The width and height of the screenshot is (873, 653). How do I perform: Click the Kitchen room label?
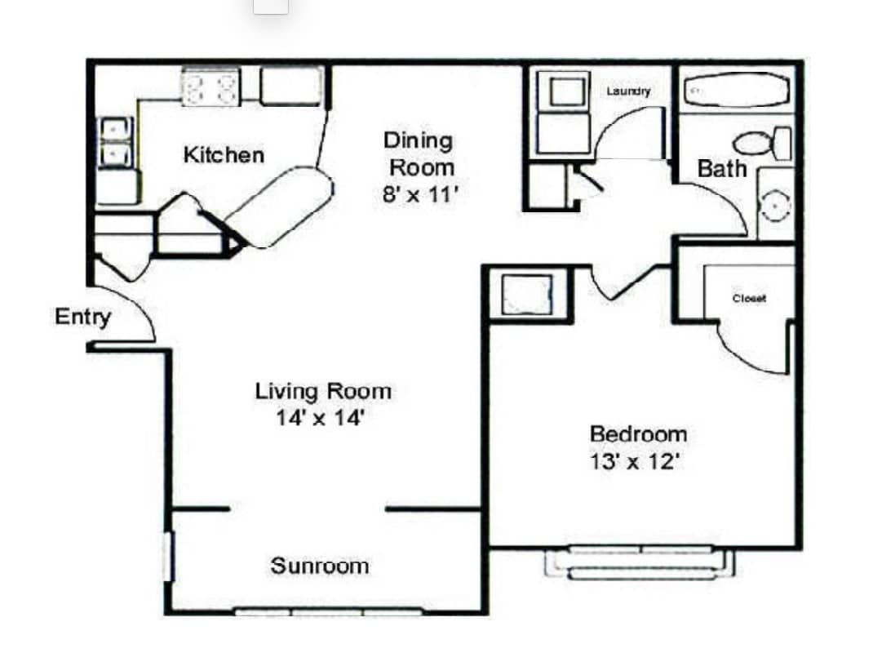(224, 154)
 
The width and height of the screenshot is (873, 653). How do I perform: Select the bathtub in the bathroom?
(736, 91)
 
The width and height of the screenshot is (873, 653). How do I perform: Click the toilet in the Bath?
(762, 144)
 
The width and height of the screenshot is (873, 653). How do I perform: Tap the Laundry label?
(628, 91)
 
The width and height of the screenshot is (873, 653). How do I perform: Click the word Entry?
(82, 317)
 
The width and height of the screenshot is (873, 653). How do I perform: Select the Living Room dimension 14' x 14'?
(320, 418)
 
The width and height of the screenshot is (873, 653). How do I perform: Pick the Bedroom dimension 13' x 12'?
(636, 462)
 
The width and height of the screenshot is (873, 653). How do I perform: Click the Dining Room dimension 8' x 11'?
(419, 196)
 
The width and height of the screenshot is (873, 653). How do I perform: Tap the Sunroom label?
(320, 566)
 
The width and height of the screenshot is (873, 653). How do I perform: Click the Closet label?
(749, 299)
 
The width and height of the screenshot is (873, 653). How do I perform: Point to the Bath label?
(722, 169)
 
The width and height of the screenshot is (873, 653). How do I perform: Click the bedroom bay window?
(640, 562)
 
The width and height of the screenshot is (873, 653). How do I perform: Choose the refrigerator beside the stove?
(290, 86)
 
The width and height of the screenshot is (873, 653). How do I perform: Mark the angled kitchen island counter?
(279, 207)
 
